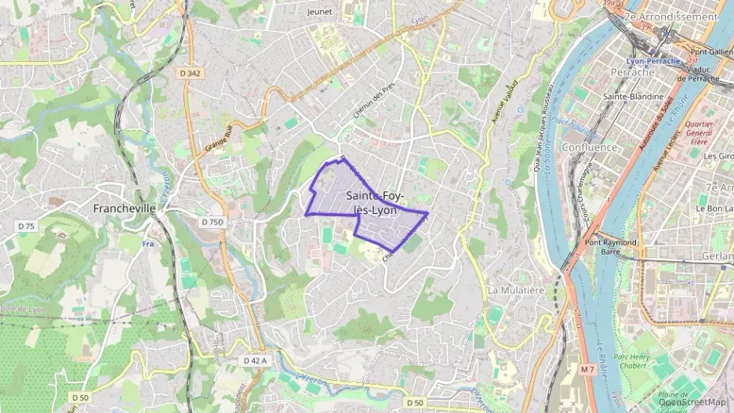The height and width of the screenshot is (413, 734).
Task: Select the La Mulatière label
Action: [515, 289]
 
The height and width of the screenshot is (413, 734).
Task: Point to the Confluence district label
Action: [590, 147]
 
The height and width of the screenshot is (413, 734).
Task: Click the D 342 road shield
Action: [190, 73]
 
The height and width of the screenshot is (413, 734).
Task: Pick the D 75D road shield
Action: [212, 222]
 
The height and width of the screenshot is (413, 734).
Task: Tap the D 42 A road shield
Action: [255, 360]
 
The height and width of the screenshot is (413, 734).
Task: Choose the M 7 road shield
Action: [588, 368]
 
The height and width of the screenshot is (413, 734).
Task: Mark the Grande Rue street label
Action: [219, 138]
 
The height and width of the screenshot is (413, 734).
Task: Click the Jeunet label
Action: [319, 12]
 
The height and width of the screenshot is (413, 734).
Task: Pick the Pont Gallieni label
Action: [711, 52]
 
